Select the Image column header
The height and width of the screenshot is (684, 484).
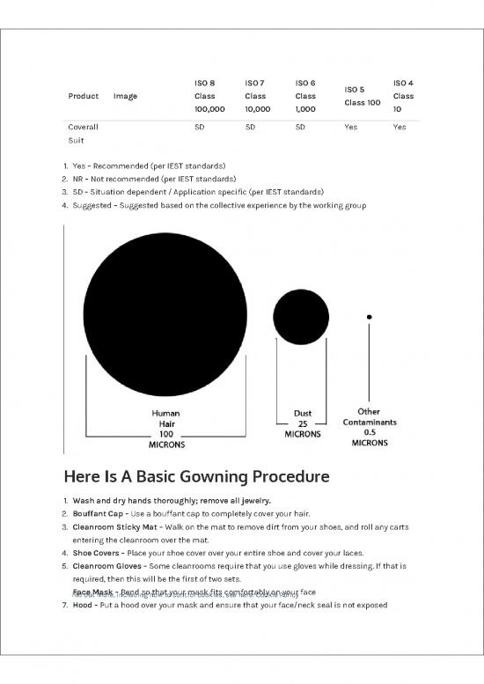point(125,96)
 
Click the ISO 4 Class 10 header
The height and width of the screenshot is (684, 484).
point(403,96)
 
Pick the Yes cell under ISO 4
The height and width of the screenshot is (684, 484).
point(400,127)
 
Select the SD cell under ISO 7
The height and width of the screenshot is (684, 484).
point(251,127)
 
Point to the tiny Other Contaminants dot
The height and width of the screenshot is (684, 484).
point(370,316)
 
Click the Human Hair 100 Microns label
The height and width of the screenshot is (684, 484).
point(166,428)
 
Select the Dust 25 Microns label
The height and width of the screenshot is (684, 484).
point(302,423)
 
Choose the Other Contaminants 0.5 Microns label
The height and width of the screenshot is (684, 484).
point(370,427)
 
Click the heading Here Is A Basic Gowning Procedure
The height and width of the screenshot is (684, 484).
point(196,477)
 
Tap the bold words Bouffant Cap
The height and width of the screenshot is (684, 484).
point(99,513)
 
